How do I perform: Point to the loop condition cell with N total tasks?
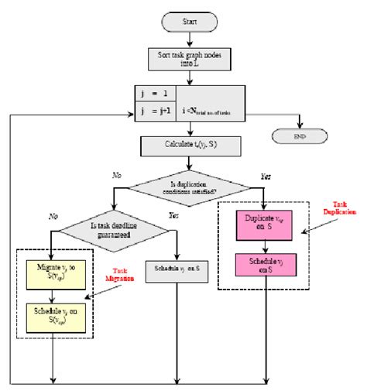pos(211,101)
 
